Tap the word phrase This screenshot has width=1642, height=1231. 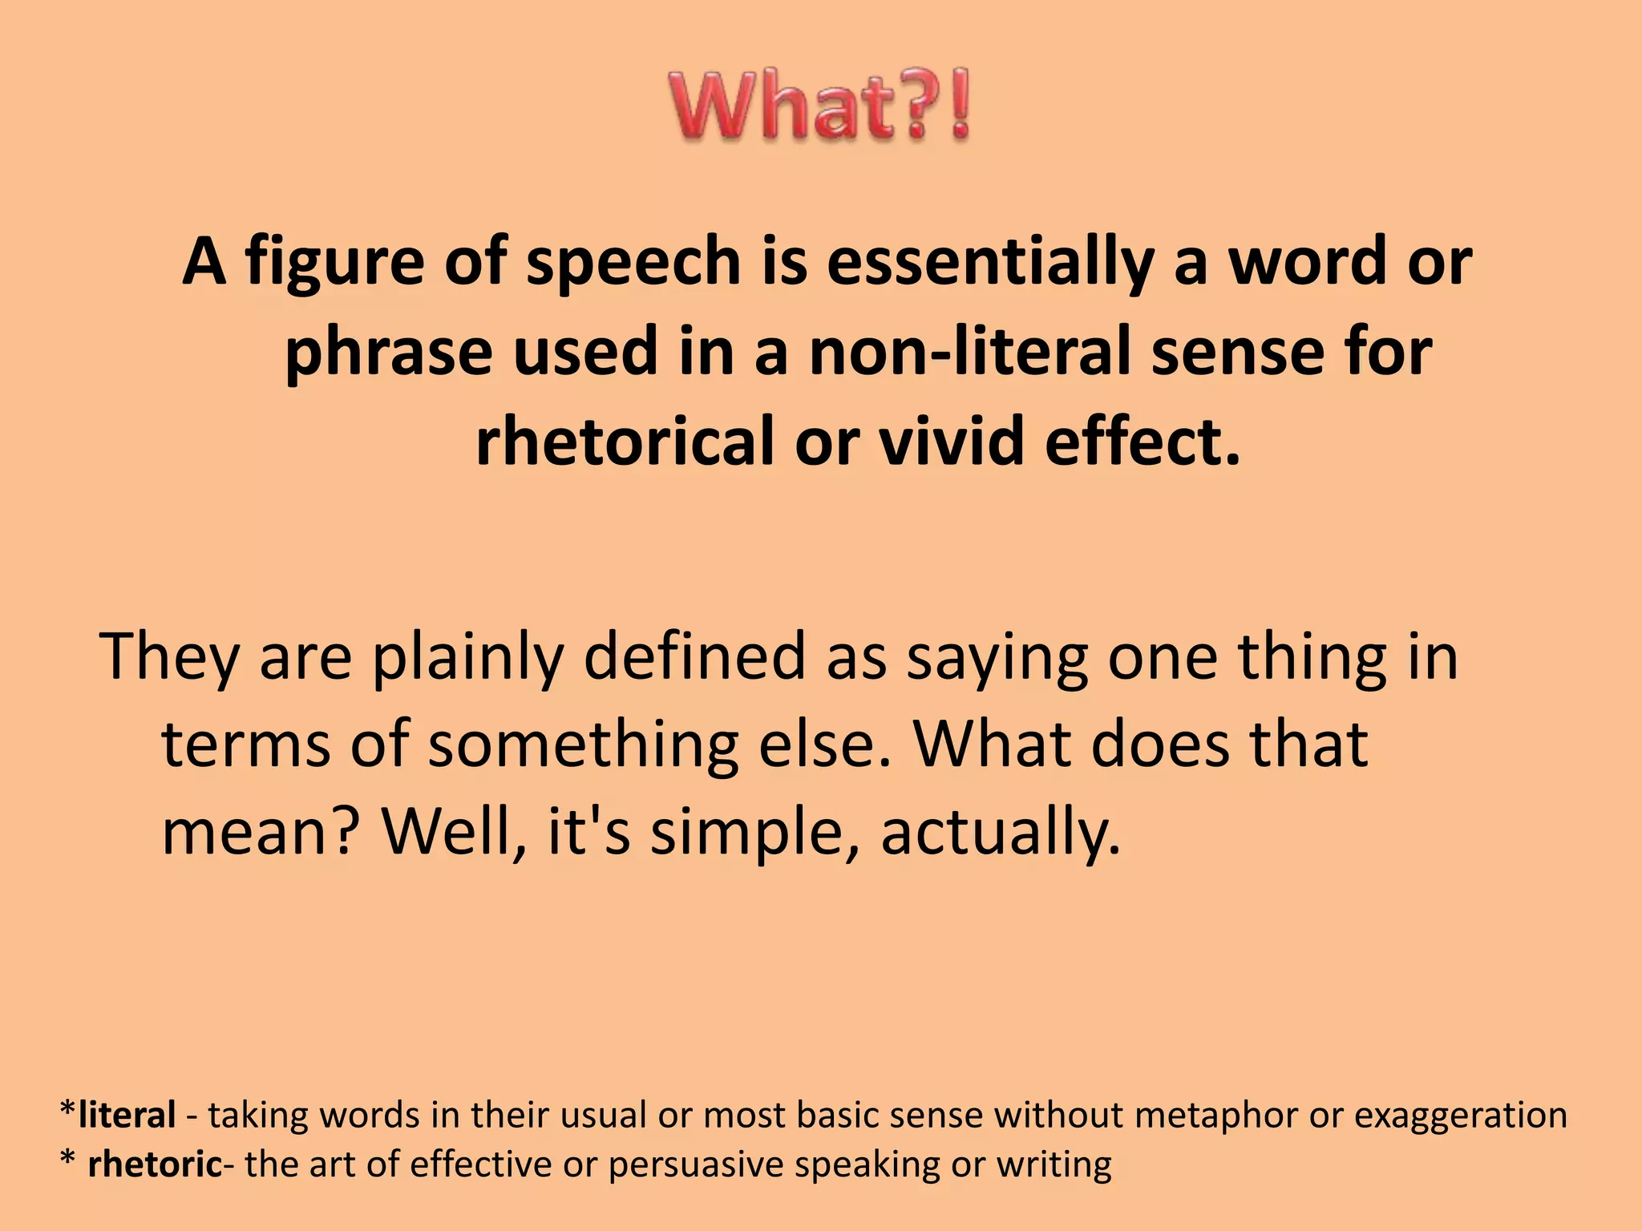[x=387, y=353]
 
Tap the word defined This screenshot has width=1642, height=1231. [x=694, y=656]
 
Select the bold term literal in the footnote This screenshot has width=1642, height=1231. [x=127, y=1115]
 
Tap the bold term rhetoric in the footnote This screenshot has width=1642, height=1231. [x=154, y=1164]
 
